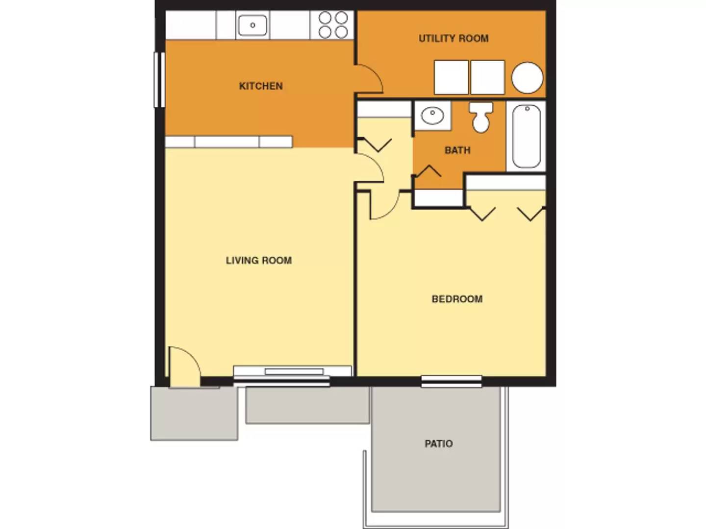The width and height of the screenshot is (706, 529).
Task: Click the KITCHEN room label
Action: (x=261, y=86)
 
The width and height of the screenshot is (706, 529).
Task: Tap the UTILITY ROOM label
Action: (x=454, y=38)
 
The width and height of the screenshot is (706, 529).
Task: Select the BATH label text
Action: (x=457, y=150)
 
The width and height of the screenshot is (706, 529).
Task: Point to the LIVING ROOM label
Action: (x=259, y=261)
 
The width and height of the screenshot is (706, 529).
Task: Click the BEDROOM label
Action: (x=457, y=299)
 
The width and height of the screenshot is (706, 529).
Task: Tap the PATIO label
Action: (x=438, y=444)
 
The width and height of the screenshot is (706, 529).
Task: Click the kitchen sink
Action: (x=252, y=25)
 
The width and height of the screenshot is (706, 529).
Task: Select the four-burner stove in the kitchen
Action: (x=333, y=25)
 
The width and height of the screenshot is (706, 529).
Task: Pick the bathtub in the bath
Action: (x=526, y=136)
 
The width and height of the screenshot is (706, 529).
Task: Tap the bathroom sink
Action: (x=432, y=116)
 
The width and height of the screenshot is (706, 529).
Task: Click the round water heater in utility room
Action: (x=527, y=77)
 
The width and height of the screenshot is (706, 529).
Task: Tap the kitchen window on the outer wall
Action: (x=159, y=79)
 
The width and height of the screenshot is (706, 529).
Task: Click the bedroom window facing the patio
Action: (x=452, y=381)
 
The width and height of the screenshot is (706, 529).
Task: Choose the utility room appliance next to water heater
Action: (x=487, y=77)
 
